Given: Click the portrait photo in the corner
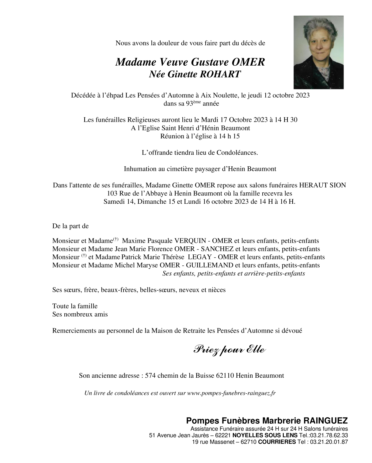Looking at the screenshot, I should (x=318, y=52).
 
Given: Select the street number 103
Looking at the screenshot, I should (x=112, y=193).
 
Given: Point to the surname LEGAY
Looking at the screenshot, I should (x=199, y=257).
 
